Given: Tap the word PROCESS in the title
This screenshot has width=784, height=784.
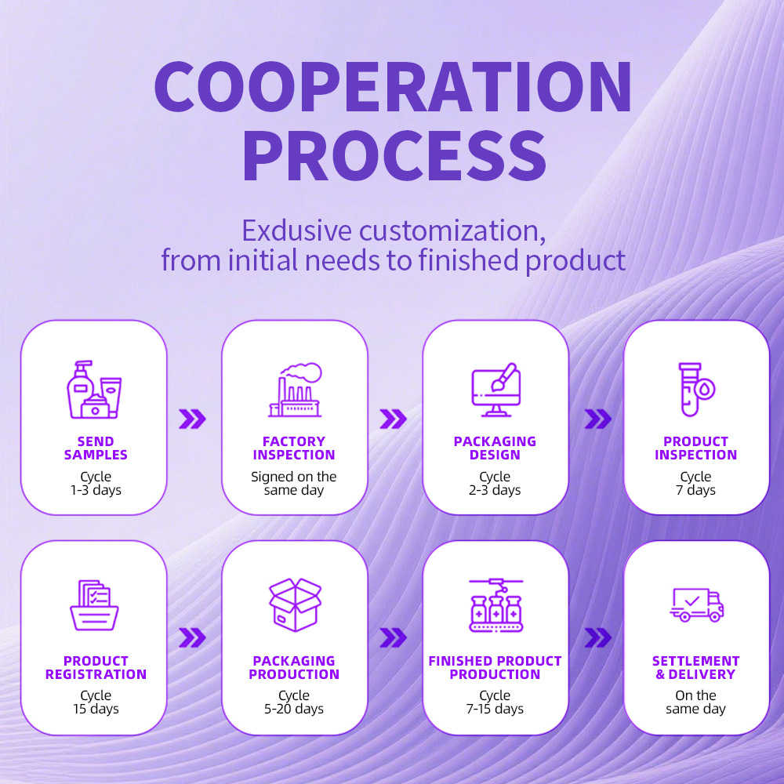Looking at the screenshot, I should coord(393,157).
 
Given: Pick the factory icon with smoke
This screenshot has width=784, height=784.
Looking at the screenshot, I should coord(295,390).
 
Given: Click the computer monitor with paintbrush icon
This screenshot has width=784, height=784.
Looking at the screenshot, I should coord(495,390).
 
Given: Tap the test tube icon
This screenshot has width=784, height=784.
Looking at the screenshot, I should coord(695,390).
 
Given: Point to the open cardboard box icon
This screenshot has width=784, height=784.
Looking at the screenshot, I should coord(295,604).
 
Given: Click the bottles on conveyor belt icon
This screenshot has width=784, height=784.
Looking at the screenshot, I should coord(495,605).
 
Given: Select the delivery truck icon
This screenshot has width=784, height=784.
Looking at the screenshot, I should coord(696,604).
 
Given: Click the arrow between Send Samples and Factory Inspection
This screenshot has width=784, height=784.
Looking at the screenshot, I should coord(193,419).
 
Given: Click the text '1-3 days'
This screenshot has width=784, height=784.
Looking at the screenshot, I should coord(95,491).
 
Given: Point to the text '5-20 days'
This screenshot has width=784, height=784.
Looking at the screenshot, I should coord(295,709).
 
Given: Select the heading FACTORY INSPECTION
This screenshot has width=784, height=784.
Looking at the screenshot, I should coord(294,448).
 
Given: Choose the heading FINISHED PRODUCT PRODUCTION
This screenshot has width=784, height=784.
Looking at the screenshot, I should coord(495,667).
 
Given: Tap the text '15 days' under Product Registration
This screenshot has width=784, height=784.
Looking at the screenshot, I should coord(95,709).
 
